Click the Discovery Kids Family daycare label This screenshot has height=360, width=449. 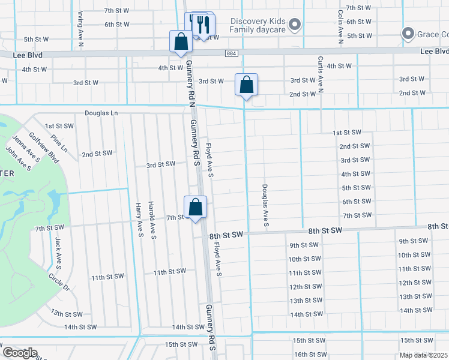258,25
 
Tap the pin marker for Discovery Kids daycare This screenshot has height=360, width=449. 294,25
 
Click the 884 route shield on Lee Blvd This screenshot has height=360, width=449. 231,53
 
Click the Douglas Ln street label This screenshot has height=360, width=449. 101,113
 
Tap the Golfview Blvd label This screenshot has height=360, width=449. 44,149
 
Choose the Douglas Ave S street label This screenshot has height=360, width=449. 265,206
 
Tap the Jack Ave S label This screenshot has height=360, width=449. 58,252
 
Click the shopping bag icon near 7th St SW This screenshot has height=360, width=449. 195,208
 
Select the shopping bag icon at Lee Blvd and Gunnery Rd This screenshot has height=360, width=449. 181,42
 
